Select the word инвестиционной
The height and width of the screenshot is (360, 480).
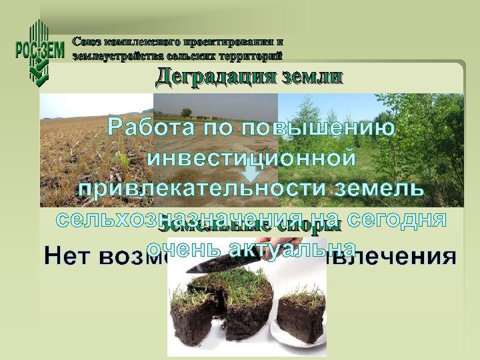(x=249, y=158)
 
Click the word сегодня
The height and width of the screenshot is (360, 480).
(x=399, y=219)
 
